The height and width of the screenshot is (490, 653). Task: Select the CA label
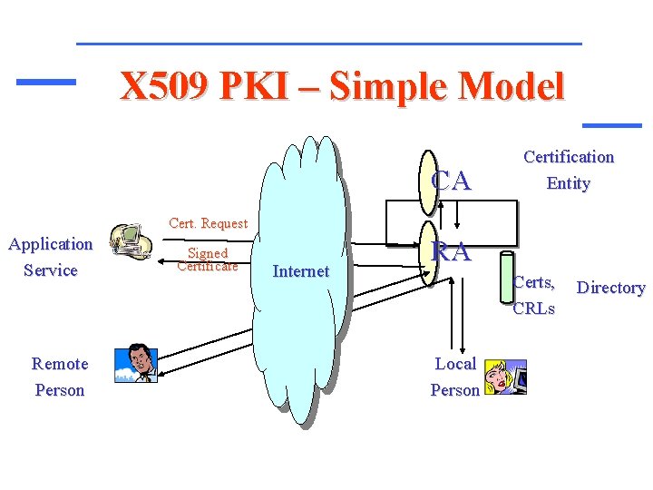452,181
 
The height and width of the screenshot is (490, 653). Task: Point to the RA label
452,251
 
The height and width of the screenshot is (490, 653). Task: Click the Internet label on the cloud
301,270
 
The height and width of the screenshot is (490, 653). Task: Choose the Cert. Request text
209,223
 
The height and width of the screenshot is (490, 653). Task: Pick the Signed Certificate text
207,260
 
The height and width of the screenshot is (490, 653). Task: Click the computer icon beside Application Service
130,243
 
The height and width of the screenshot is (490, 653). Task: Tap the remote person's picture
136,364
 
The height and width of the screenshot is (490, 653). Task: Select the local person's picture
504,376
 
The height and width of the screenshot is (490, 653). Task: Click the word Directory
610,288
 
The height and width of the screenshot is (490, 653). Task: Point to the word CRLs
534,308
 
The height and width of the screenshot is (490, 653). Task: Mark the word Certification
569,156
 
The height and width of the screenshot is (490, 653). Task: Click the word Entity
569,183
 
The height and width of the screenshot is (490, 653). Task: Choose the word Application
51,244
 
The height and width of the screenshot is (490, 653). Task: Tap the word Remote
60,364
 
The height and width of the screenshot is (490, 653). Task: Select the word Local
455,364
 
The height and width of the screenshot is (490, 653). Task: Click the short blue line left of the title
45,82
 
